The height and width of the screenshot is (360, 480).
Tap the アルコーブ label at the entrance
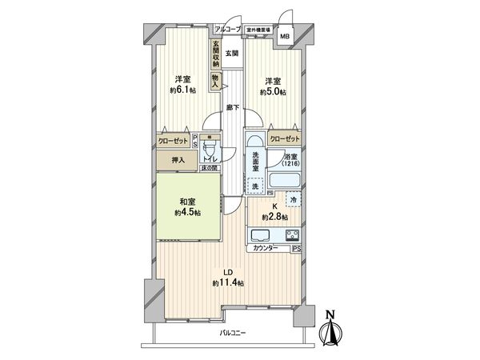[x=227, y=30]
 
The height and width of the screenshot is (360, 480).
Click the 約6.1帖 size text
[x=182, y=90]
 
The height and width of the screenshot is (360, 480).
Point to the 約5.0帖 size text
[x=272, y=92]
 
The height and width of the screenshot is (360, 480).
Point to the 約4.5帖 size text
[x=189, y=214]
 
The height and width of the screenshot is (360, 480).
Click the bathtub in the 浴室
[x=286, y=179]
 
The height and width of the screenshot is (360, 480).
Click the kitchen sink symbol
[x=262, y=235]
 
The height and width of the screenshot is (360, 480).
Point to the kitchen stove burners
[x=290, y=235]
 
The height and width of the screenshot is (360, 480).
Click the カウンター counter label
[x=266, y=249]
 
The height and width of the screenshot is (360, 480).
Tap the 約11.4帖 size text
[x=228, y=283]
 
